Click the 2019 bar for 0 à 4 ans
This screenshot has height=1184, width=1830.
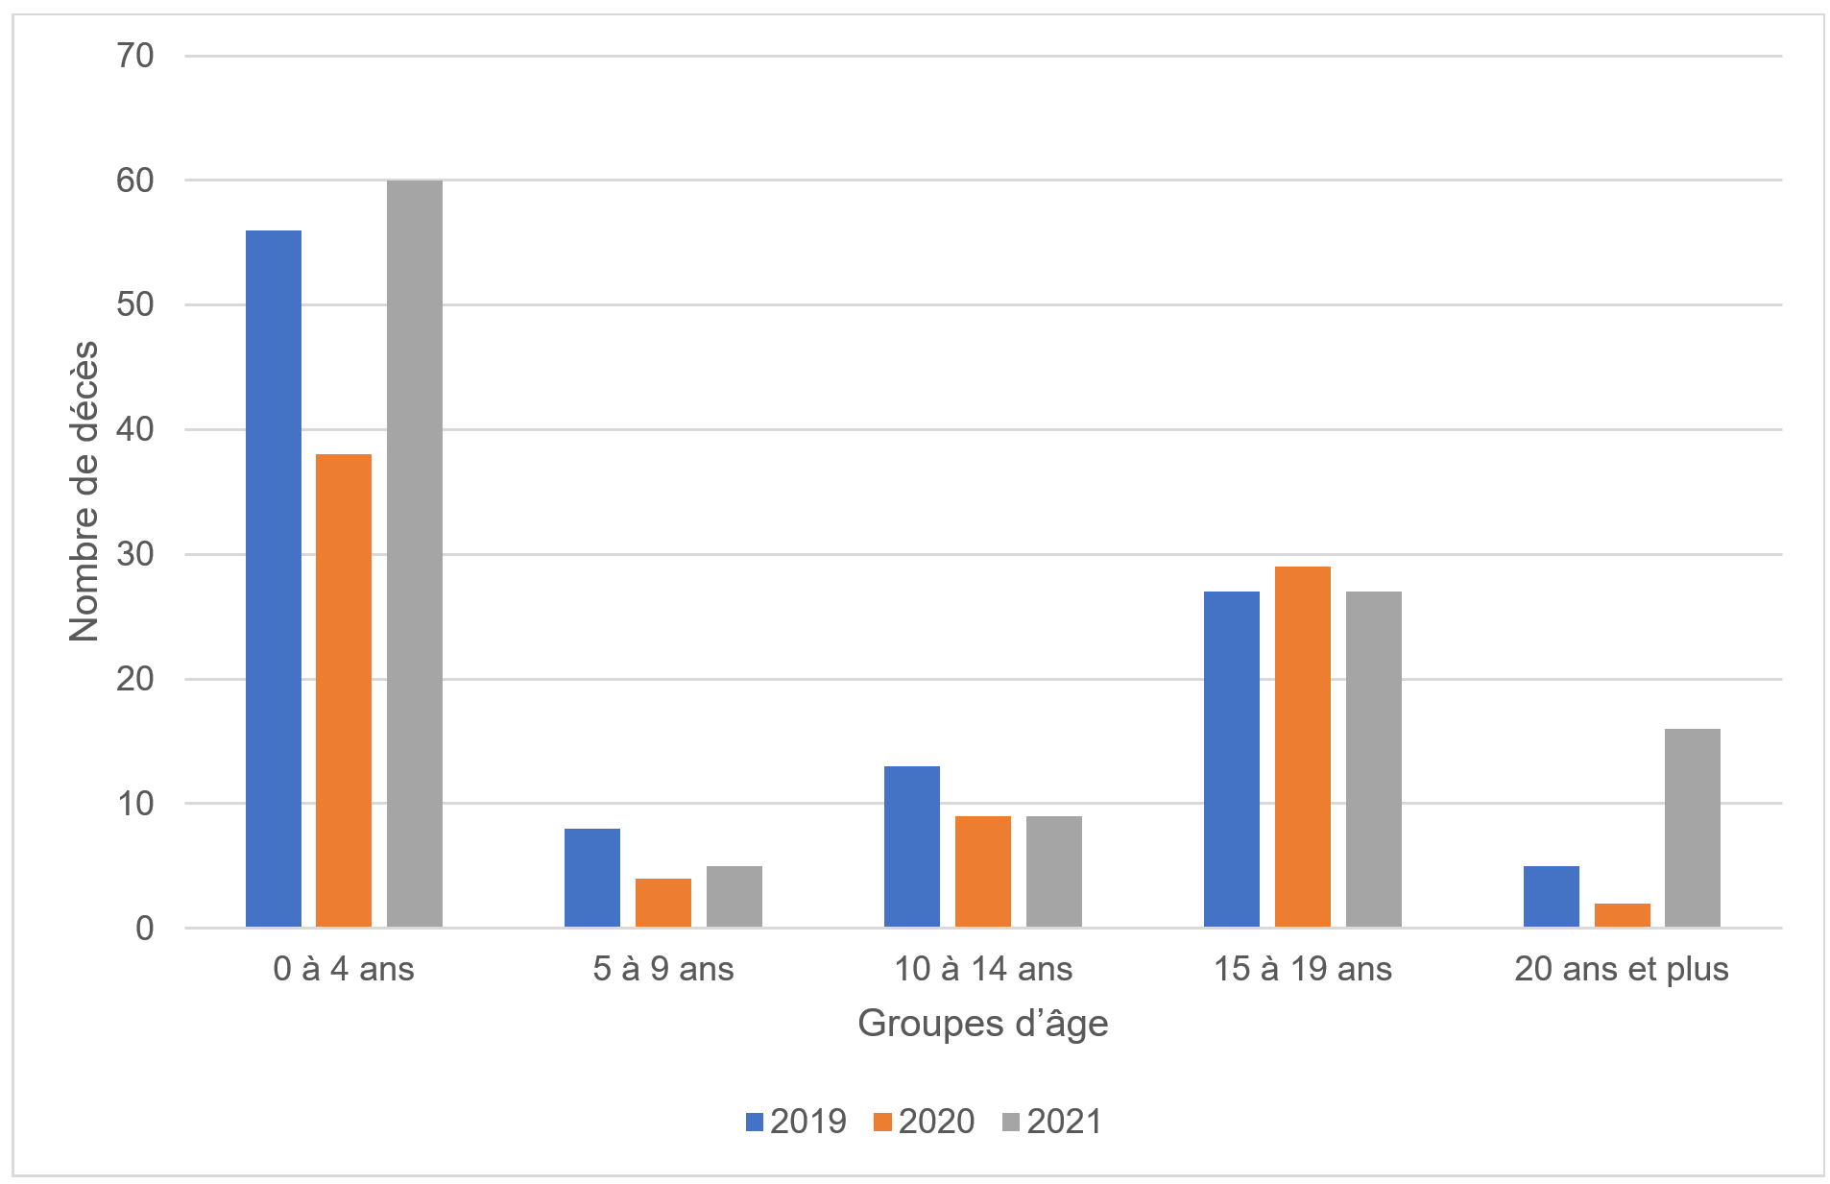(x=274, y=578)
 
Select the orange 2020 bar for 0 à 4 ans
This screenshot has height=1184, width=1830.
(x=344, y=690)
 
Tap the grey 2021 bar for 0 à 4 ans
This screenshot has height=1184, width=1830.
(x=415, y=553)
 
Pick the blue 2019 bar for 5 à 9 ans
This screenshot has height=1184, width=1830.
(x=592, y=878)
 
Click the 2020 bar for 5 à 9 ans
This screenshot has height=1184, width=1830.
(x=663, y=903)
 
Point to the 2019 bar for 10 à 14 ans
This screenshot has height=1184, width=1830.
(x=912, y=846)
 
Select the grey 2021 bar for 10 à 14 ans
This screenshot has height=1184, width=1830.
(x=1054, y=871)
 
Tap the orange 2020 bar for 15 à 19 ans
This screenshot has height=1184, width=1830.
(x=1303, y=746)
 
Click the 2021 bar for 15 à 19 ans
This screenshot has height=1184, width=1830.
(x=1374, y=759)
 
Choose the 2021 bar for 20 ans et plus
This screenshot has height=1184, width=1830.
(x=1693, y=828)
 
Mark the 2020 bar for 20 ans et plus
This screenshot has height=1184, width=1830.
(x=1623, y=915)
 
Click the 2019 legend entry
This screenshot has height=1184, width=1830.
(x=796, y=1121)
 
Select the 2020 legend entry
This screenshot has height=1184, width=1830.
(x=925, y=1121)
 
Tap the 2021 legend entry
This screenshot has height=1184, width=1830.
(x=1052, y=1121)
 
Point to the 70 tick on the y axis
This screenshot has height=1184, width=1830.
(x=135, y=56)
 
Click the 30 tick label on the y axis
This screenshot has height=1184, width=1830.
(x=135, y=554)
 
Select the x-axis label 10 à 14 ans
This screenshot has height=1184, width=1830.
(x=983, y=969)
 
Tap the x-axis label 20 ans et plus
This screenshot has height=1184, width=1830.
(x=1622, y=969)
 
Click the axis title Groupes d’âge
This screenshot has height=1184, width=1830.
(x=983, y=1024)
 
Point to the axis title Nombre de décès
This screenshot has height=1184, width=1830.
(x=84, y=491)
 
